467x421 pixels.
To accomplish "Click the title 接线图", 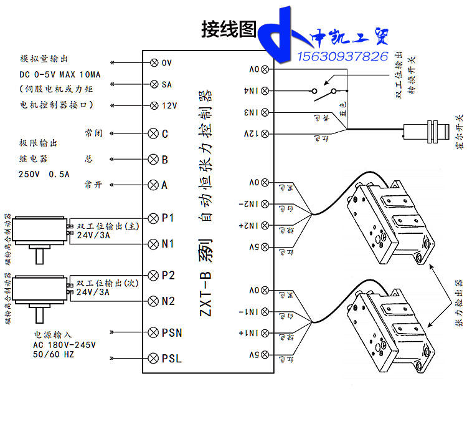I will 229,28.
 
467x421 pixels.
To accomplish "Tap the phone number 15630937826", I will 343,56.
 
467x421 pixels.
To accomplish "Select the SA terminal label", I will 167,84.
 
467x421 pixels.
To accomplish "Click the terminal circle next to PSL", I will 154,358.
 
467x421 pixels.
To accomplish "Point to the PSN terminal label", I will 171,332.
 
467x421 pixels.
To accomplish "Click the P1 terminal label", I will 167,218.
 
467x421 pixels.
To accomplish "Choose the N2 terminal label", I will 167,301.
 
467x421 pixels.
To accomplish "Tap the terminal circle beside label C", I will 154,133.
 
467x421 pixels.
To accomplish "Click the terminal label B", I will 165,160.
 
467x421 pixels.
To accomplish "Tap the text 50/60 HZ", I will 53,354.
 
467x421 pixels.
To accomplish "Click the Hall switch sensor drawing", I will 427,132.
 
